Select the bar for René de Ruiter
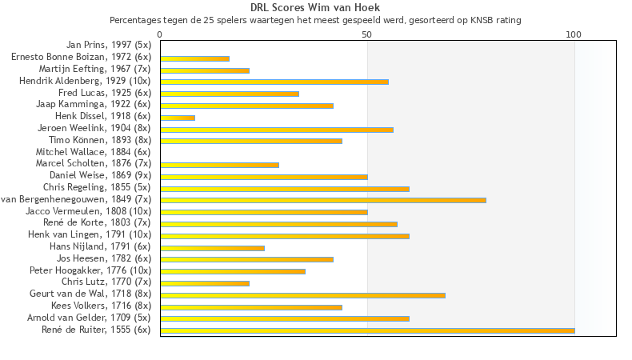(367, 330)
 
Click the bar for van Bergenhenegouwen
(323, 199)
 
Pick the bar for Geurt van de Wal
(302, 295)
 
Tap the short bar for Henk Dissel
(178, 118)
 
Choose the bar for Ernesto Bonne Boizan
(194, 58)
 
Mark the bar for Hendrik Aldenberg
(274, 82)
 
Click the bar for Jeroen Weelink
(277, 129)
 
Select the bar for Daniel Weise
(264, 176)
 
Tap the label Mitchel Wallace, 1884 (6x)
(93, 152)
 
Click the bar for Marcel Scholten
(219, 165)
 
